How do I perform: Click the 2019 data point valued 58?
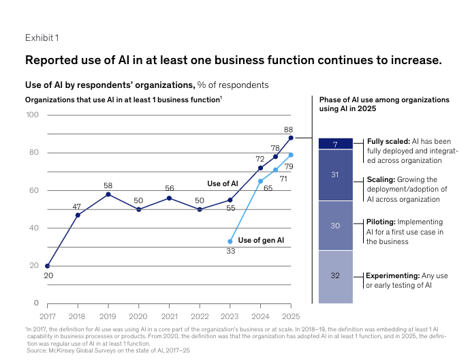(x=108, y=194)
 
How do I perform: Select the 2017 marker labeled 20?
(x=47, y=266)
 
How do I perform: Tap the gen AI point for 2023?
(x=230, y=241)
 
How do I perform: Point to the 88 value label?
(x=288, y=130)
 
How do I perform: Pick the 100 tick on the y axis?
(x=33, y=115)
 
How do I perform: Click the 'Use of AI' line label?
(x=223, y=183)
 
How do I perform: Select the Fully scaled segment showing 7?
(x=335, y=144)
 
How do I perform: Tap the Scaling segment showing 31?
(x=335, y=175)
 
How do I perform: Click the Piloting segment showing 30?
(x=335, y=226)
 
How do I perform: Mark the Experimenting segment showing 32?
(x=335, y=277)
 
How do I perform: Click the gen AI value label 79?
(x=289, y=166)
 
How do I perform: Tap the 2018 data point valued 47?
(x=78, y=215)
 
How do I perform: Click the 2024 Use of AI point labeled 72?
(x=261, y=168)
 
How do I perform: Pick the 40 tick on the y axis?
(x=34, y=228)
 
